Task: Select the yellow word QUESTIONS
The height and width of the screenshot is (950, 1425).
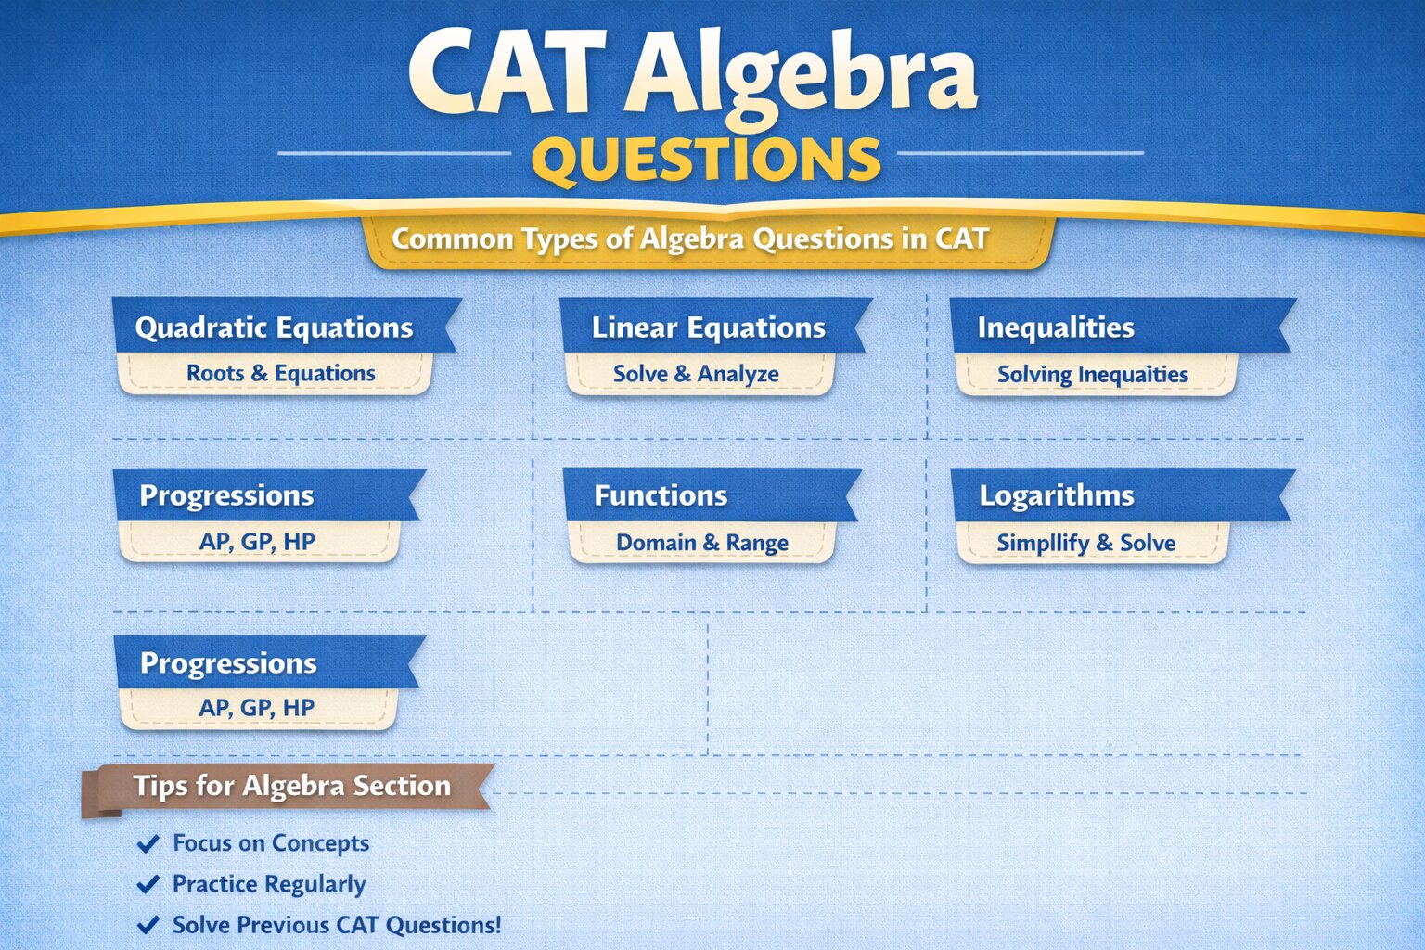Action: [706, 160]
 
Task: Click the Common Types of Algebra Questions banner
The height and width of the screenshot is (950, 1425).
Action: [690, 239]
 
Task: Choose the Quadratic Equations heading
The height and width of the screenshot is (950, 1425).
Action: [275, 327]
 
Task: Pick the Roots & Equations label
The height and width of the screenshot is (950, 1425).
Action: [280, 373]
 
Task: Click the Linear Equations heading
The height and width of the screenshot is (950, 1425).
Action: [708, 327]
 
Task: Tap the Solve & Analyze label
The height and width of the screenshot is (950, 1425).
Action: [696, 374]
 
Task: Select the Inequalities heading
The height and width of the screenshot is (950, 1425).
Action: [1056, 327]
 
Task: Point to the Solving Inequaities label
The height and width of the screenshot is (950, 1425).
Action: [1092, 375]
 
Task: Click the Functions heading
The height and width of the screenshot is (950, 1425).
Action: [661, 495]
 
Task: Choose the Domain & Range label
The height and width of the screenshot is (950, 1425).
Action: [702, 543]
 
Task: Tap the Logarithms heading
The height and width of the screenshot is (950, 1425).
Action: [1057, 495]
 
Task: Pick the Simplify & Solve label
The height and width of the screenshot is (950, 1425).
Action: [1085, 543]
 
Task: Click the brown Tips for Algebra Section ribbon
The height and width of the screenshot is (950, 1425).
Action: [291, 786]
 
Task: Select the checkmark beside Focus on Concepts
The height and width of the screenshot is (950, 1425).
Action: [148, 844]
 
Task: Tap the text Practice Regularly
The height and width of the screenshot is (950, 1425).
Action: [269, 884]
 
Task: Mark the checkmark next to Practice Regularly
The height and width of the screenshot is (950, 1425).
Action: [148, 885]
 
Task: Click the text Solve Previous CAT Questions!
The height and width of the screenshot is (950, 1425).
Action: [337, 925]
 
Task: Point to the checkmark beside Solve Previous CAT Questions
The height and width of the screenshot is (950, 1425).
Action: [148, 926]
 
